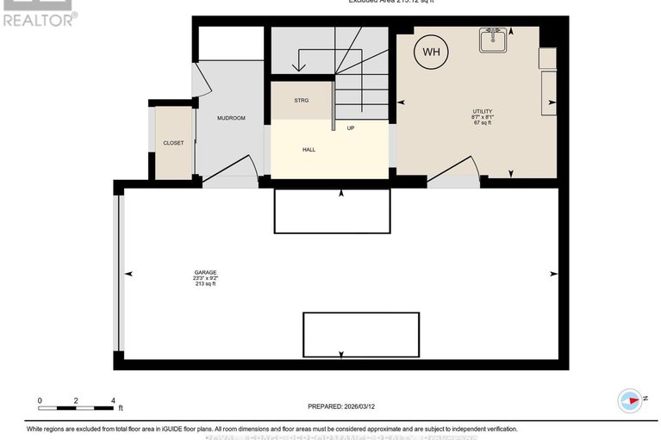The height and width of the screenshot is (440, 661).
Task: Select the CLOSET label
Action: pyautogui.click(x=173, y=143)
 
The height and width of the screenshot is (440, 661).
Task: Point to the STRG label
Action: pyautogui.click(x=301, y=101)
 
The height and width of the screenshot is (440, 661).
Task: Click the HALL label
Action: pyautogui.click(x=309, y=150)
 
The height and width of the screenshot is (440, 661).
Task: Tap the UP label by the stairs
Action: pyautogui.click(x=351, y=128)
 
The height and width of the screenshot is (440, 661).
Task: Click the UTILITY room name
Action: pyautogui.click(x=482, y=111)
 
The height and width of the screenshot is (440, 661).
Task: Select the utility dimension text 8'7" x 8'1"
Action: pyautogui.click(x=482, y=117)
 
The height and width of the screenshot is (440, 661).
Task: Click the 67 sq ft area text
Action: pyautogui.click(x=482, y=123)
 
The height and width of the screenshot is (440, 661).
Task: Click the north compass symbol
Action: pyautogui.click(x=630, y=400)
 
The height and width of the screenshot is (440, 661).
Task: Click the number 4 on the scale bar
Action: pyautogui.click(x=113, y=401)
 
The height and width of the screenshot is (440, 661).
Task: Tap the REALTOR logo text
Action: pyautogui.click(x=39, y=18)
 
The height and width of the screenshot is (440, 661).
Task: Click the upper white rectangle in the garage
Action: pyautogui.click(x=332, y=211)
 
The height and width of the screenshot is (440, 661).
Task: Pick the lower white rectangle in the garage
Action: pyautogui.click(x=360, y=335)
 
